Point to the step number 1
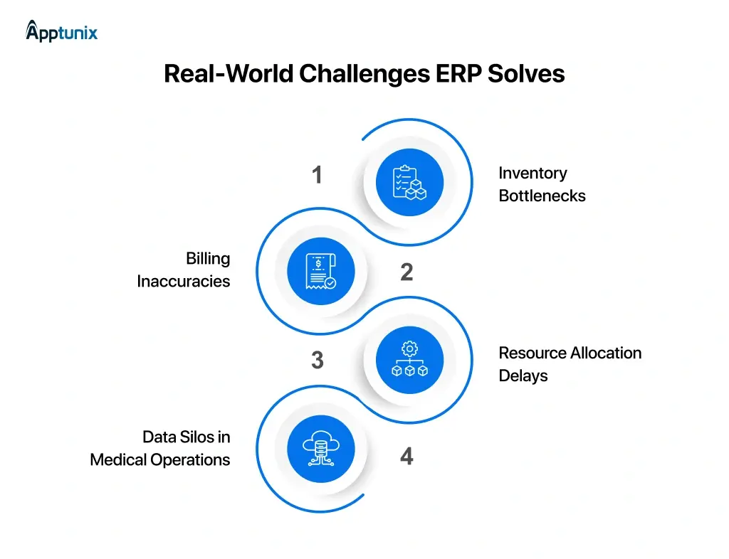click(x=318, y=175)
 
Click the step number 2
click(x=407, y=272)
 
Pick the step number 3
click(x=318, y=361)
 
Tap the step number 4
click(x=407, y=456)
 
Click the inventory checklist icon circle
click(x=409, y=182)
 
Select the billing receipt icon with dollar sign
click(x=320, y=271)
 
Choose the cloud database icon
click(x=320, y=449)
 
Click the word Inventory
click(x=533, y=173)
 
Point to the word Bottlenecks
click(x=542, y=196)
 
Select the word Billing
click(x=208, y=258)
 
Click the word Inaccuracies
click(x=184, y=282)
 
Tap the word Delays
click(x=523, y=376)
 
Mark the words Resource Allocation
click(x=570, y=353)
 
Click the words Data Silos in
click(x=186, y=437)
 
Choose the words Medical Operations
click(x=160, y=460)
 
